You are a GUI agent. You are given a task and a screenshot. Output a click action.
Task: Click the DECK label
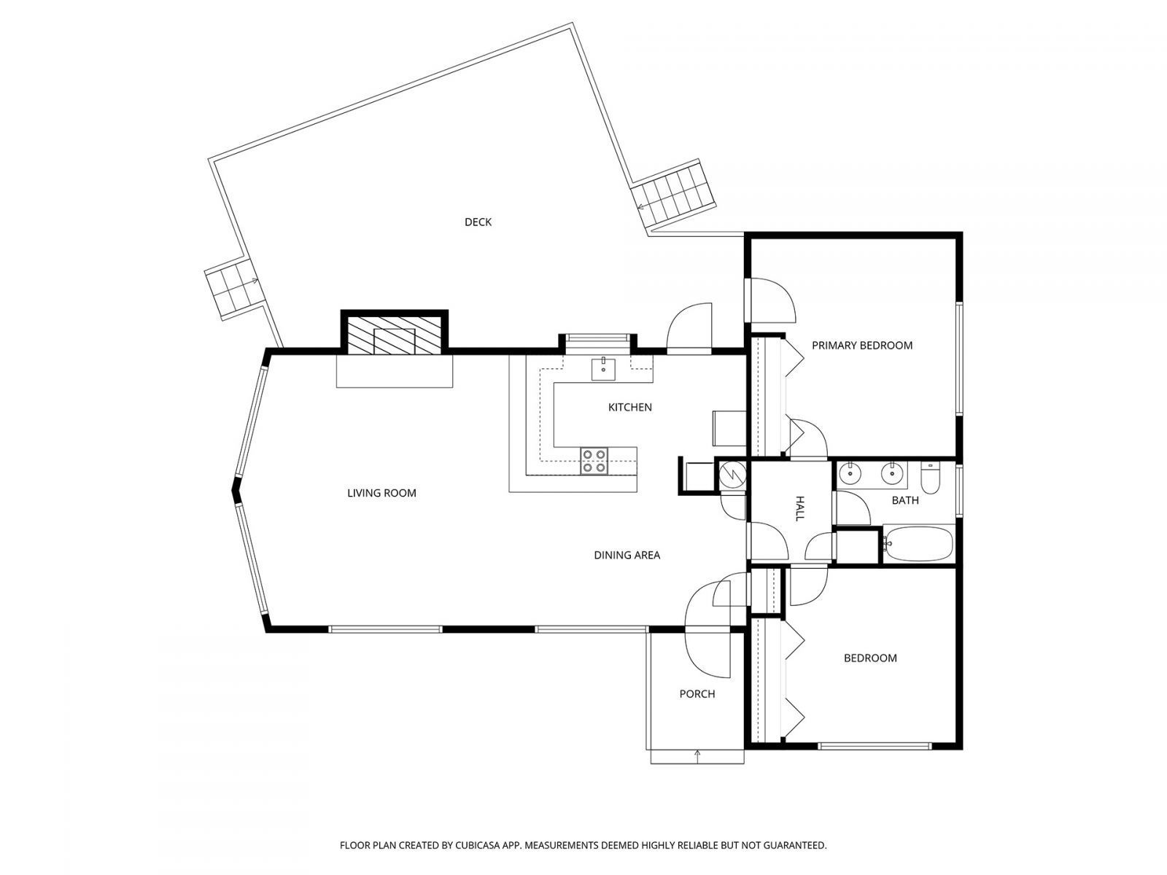(478, 222)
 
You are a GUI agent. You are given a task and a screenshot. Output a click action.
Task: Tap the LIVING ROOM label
(381, 493)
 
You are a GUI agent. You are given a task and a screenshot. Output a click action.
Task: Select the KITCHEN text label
(629, 407)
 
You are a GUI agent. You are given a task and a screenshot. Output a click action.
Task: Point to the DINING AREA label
(627, 555)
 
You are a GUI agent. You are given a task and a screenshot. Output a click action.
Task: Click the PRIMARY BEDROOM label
(861, 345)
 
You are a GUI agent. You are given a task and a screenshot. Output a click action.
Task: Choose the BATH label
(905, 500)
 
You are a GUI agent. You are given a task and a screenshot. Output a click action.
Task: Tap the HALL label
(799, 508)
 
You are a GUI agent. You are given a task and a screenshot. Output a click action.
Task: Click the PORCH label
(697, 693)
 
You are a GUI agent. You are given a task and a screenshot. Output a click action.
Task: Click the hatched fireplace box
(394, 335)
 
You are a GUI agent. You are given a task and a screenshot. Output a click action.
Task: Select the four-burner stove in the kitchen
(594, 461)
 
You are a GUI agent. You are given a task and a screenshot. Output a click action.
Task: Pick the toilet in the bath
(931, 478)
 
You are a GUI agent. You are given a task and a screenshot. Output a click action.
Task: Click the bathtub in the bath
(918, 543)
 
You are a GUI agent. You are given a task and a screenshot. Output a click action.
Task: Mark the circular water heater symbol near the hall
(732, 475)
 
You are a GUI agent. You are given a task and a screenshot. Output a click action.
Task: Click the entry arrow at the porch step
(698, 755)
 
